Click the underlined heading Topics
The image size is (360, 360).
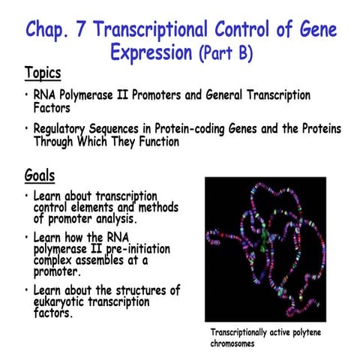point(42,73)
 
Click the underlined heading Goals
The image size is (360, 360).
point(39,177)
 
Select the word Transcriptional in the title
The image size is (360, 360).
point(176,31)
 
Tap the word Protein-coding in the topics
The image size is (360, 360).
point(196,127)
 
